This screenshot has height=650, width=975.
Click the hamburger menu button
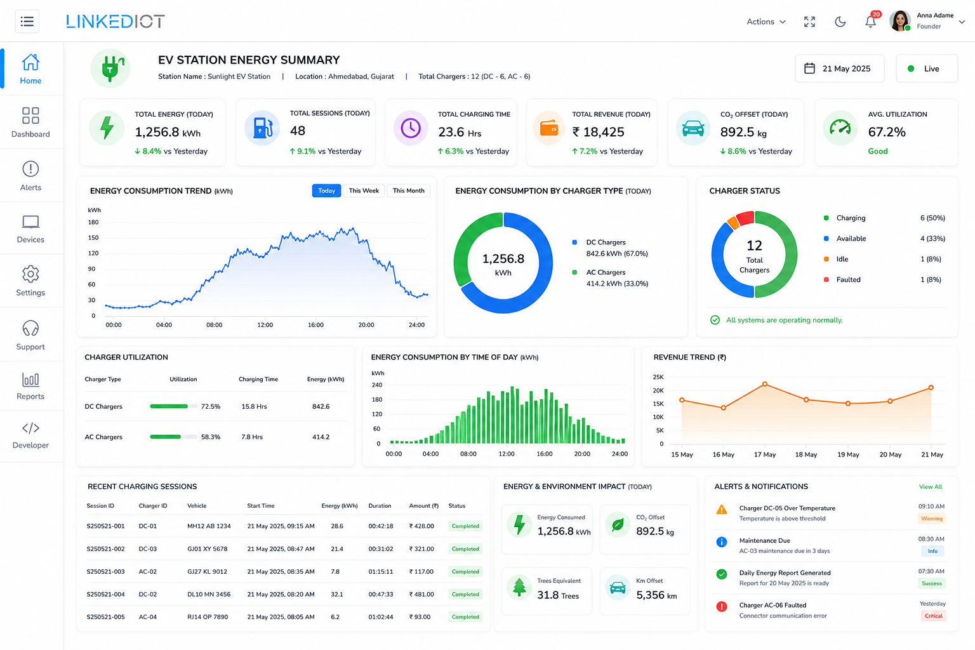pyautogui.click(x=27, y=22)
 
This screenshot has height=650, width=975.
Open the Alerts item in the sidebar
pyautogui.click(x=30, y=176)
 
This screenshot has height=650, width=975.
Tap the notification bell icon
pyautogui.click(x=870, y=22)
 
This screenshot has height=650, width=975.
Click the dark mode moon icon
pyautogui.click(x=840, y=22)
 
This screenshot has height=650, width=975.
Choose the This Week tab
pyautogui.click(x=364, y=190)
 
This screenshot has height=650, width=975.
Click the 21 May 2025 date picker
pyautogui.click(x=840, y=69)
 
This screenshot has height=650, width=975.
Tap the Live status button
pyautogui.click(x=927, y=69)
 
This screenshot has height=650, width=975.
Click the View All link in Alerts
pyautogui.click(x=931, y=487)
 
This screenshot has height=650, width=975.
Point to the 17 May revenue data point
pyautogui.click(x=765, y=384)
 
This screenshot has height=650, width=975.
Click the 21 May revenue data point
pyautogui.click(x=931, y=387)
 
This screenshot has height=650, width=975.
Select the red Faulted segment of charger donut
pyautogui.click(x=746, y=218)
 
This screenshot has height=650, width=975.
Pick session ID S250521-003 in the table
pyautogui.click(x=105, y=572)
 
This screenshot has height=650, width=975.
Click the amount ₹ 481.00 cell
pyautogui.click(x=421, y=594)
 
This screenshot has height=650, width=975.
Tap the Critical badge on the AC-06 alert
pyautogui.click(x=933, y=616)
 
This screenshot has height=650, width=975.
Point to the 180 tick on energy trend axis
pyautogui.click(x=93, y=222)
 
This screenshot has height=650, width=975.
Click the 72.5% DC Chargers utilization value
pyautogui.click(x=211, y=406)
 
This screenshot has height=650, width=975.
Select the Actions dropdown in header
pyautogui.click(x=766, y=22)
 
